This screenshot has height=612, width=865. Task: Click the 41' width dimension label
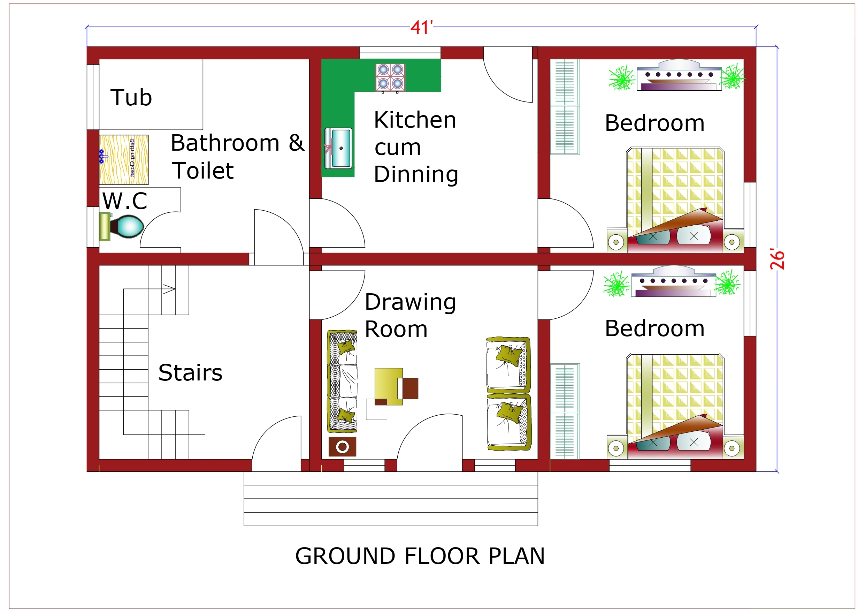pos(421,28)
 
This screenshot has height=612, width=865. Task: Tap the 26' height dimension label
pos(777,259)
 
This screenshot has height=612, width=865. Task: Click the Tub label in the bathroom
pos(131,98)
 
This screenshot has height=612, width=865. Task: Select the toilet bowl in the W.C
pos(128,226)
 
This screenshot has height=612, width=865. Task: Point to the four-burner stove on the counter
pos(390,77)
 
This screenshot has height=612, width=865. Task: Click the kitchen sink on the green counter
pos(339,148)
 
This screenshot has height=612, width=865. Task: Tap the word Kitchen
pos(415,120)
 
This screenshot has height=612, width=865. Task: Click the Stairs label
pos(190,373)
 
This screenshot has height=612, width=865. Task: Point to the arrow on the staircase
pos(169,289)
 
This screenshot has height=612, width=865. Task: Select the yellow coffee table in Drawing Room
pos(389,386)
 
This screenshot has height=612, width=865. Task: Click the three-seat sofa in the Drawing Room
pos(342,381)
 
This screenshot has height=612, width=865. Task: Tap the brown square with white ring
pos(342,447)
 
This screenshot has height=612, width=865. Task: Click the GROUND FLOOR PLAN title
pos(420,556)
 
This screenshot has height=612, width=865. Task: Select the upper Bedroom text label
pos(655,123)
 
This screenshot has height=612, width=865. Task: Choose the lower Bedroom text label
pos(655,328)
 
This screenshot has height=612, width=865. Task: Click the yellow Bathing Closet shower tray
pos(124,159)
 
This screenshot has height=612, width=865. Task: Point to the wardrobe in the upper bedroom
pos(564,107)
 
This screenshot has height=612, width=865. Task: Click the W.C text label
pos(125,201)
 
